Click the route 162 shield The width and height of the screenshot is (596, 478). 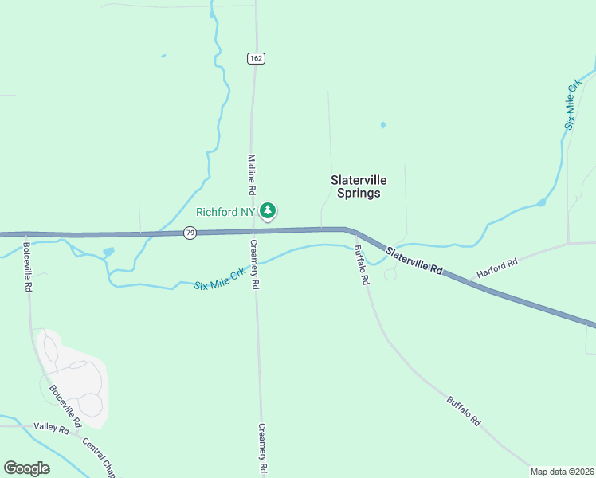click(255, 58)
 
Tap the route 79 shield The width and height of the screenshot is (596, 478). click(189, 233)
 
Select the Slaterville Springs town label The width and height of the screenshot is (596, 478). click(358, 186)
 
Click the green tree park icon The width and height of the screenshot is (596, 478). click(270, 211)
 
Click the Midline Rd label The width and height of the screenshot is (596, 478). click(251, 174)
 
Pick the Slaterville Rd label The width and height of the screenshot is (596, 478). click(414, 261)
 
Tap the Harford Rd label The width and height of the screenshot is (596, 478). click(497, 267)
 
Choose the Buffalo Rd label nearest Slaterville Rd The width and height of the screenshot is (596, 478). click(360, 265)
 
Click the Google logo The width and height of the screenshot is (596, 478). click(27, 468)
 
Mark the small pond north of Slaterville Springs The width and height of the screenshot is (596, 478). click(383, 125)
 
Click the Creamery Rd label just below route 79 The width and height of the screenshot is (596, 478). click(255, 264)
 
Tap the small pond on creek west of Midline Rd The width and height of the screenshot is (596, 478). click(108, 253)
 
